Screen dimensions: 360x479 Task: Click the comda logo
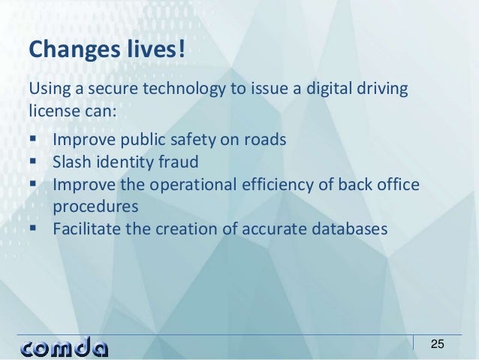coord(64,346)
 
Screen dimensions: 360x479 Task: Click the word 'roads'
coord(264,139)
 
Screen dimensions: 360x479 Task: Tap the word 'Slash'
coord(72,161)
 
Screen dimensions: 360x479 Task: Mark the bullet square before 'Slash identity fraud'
coord(35,161)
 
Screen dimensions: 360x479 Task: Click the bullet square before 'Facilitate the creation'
coord(35,226)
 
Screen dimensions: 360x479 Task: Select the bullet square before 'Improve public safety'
coord(35,139)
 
